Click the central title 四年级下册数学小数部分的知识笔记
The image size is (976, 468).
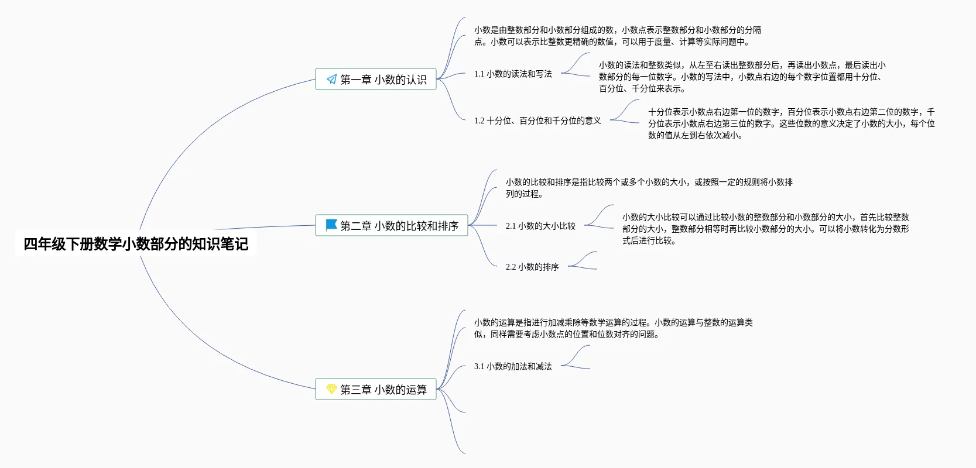click(x=136, y=244)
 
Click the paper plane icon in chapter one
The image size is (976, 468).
click(x=331, y=80)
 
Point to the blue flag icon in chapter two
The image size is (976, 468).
click(x=331, y=225)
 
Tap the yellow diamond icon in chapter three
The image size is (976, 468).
click(x=331, y=389)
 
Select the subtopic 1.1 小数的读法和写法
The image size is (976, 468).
click(x=513, y=74)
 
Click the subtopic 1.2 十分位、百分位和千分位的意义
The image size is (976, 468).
click(x=537, y=121)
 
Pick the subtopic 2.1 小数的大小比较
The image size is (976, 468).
click(x=540, y=226)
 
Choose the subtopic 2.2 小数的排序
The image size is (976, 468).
click(x=532, y=267)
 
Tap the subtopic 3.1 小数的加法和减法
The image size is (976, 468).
click(x=513, y=366)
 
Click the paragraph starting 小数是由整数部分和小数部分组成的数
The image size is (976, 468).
click(x=617, y=36)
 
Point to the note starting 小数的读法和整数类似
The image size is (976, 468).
click(x=742, y=77)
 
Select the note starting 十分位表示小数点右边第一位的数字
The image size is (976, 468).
click(x=791, y=123)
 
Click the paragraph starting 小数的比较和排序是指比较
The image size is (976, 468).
click(x=649, y=188)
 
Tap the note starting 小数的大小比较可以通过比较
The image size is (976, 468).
click(x=765, y=229)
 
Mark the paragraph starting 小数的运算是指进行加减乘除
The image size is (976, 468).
click(x=613, y=328)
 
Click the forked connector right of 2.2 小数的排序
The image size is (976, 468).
click(x=583, y=261)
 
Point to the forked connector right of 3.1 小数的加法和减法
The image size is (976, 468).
click(x=576, y=358)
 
